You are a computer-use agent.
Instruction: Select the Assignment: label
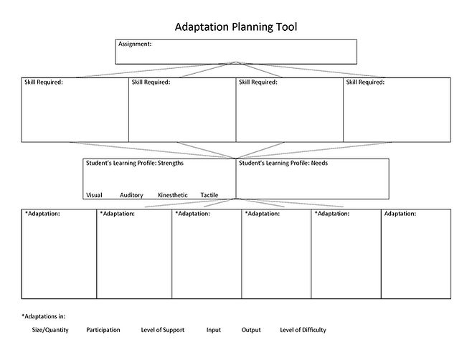[135, 44]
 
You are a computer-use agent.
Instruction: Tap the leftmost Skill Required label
[44, 82]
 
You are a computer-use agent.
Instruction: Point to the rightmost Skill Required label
[365, 82]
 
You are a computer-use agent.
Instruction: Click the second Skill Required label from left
[151, 82]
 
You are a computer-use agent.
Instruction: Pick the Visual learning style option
[94, 195]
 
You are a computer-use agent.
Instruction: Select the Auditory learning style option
[131, 195]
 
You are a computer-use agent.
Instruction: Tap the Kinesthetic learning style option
[172, 195]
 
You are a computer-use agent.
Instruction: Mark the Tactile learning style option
[209, 195]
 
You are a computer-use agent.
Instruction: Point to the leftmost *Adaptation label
[42, 214]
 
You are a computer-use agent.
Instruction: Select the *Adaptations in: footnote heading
[44, 316]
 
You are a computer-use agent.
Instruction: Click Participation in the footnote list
[103, 331]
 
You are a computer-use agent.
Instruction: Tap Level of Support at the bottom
[162, 331]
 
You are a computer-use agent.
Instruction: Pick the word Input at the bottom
[213, 331]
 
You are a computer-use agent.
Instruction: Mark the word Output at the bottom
[251, 331]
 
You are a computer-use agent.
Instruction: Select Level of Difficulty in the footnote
[303, 331]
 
